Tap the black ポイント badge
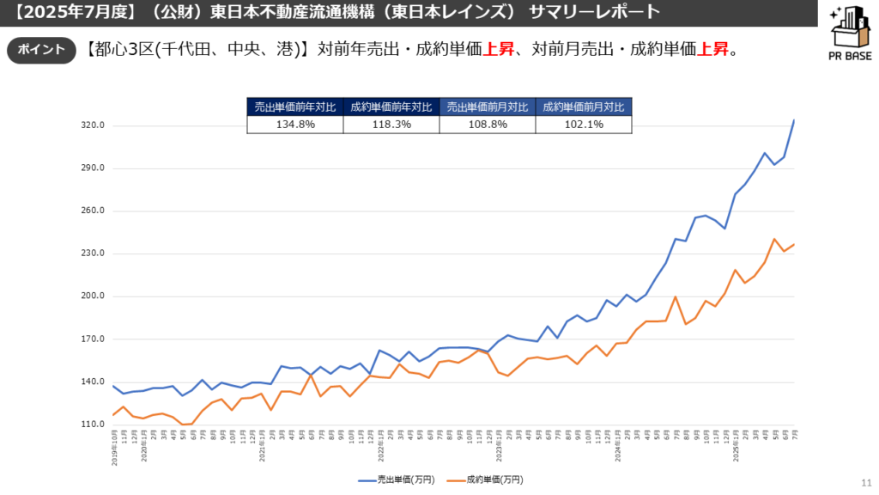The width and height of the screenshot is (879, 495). [x=37, y=50]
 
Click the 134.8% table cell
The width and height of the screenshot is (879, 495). [x=295, y=125]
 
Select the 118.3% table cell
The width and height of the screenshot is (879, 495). [x=391, y=125]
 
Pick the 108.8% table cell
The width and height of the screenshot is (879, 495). [x=488, y=125]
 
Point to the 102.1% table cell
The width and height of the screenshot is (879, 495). [x=584, y=125]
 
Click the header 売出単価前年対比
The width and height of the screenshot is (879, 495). [x=295, y=107]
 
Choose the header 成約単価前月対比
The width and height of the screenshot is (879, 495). [x=584, y=107]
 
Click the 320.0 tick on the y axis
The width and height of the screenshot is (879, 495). [x=92, y=125]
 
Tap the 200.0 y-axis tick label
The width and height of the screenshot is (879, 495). [x=92, y=296]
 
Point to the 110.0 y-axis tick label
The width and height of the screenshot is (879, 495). [x=92, y=425]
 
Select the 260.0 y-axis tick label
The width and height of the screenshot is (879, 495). [x=92, y=211]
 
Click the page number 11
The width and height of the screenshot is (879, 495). [x=864, y=482]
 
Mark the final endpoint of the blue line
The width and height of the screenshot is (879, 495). [x=794, y=120]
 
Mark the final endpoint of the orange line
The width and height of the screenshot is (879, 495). [x=794, y=245]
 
